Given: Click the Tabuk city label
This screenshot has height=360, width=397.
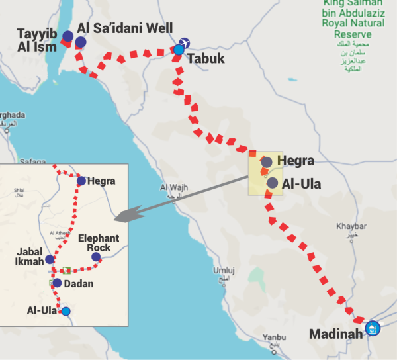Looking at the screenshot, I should tap(206, 58).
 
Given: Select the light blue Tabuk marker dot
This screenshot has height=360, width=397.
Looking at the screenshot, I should tap(179, 49).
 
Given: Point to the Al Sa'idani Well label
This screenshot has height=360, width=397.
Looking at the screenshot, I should tap(125, 28).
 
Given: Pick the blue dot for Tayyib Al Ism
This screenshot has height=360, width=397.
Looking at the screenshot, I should tap(67, 36).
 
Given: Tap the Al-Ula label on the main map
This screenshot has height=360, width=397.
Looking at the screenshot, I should tap(301, 184).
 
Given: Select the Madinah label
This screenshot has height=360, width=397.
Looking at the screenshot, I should tap(336, 333).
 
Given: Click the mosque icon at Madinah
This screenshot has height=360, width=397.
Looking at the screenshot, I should tap(373, 328).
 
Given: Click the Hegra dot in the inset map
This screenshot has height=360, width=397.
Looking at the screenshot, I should tap(81, 181).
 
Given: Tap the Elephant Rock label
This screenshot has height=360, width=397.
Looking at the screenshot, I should tap(99, 242).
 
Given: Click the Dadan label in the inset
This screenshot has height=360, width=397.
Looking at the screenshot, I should tap(79, 283).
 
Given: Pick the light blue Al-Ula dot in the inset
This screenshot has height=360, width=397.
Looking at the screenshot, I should tap(65, 311).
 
